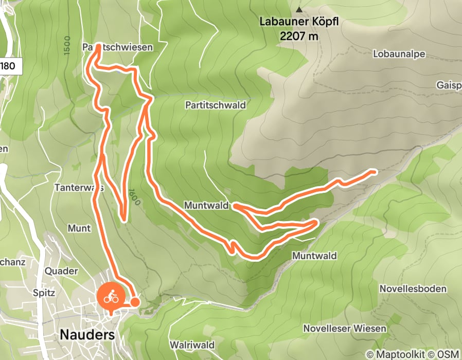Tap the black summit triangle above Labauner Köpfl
(x=299, y=9)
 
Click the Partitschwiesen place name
(x=118, y=47)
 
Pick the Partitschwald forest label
(x=215, y=105)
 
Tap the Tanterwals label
(x=79, y=188)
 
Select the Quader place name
(x=61, y=271)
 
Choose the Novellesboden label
(x=413, y=289)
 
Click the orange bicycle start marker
(x=109, y=297)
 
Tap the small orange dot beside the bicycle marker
(x=134, y=302)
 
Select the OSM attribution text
(x=449, y=354)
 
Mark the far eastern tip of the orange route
(x=376, y=171)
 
